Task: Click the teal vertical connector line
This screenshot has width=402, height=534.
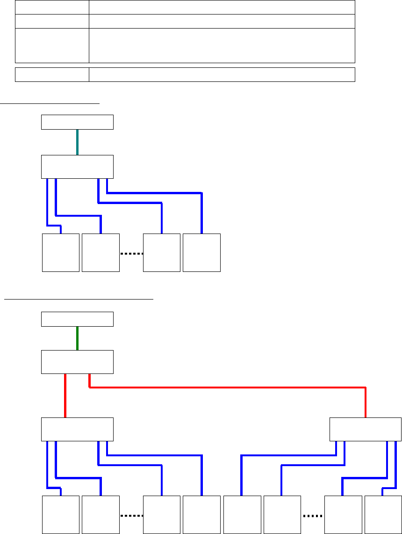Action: click(77, 142)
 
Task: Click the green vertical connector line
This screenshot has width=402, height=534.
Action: click(77, 338)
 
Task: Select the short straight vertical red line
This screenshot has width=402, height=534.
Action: click(65, 395)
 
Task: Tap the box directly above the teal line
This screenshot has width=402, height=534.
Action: click(78, 122)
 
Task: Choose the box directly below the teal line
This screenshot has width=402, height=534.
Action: click(78, 167)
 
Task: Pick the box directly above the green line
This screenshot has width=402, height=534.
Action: click(78, 319)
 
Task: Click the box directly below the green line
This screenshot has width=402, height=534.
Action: click(78, 362)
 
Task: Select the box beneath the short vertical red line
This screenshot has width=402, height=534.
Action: click(78, 429)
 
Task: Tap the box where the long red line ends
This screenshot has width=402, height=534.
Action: click(365, 429)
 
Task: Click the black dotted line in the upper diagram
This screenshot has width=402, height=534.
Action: click(131, 254)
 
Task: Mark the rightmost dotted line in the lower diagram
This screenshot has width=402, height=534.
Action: click(313, 516)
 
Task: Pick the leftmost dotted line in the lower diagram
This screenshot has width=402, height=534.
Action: click(131, 516)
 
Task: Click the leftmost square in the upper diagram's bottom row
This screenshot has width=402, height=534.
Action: click(61, 253)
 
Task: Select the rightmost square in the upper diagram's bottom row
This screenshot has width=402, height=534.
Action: click(201, 253)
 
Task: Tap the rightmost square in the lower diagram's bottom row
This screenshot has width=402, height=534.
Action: click(383, 515)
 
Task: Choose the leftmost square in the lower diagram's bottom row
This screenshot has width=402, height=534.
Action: click(61, 515)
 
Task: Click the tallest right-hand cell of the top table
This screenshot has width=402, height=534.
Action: click(222, 45)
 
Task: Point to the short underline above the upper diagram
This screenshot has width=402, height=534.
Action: click(50, 102)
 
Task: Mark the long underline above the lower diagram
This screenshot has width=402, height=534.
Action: click(79, 298)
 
